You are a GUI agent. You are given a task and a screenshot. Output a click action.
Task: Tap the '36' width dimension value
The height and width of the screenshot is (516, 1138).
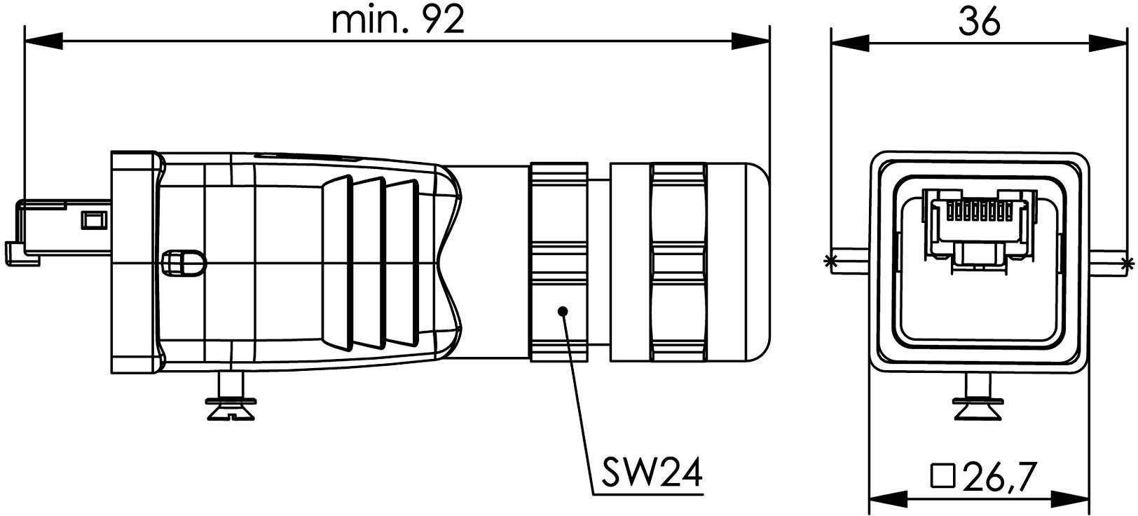(979, 22)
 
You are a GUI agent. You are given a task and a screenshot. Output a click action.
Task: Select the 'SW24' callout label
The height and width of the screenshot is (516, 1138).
(652, 473)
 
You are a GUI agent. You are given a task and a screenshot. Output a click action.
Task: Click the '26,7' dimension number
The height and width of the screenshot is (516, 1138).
(998, 477)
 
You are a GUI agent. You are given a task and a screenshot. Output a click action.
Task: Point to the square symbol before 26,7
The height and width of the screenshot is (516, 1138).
(943, 477)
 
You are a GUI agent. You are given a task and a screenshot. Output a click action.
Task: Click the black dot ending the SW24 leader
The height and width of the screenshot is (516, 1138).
(562, 311)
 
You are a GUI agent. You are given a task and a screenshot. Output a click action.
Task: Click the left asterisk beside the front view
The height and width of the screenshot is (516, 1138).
(830, 262)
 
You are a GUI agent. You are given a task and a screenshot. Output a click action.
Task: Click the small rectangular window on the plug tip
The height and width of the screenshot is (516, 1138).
(95, 220)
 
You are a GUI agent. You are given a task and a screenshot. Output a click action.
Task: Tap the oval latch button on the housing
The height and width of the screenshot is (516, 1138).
(184, 263)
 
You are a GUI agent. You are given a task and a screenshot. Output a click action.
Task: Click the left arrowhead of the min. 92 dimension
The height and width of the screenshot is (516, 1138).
(43, 41)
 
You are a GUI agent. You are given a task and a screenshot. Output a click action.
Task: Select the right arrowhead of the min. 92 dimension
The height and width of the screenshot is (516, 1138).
(750, 41)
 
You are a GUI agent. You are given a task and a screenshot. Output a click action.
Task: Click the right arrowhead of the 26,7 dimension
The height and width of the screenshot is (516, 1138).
(1070, 498)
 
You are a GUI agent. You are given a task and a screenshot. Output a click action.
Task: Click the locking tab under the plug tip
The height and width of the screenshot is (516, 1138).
(23, 253)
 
